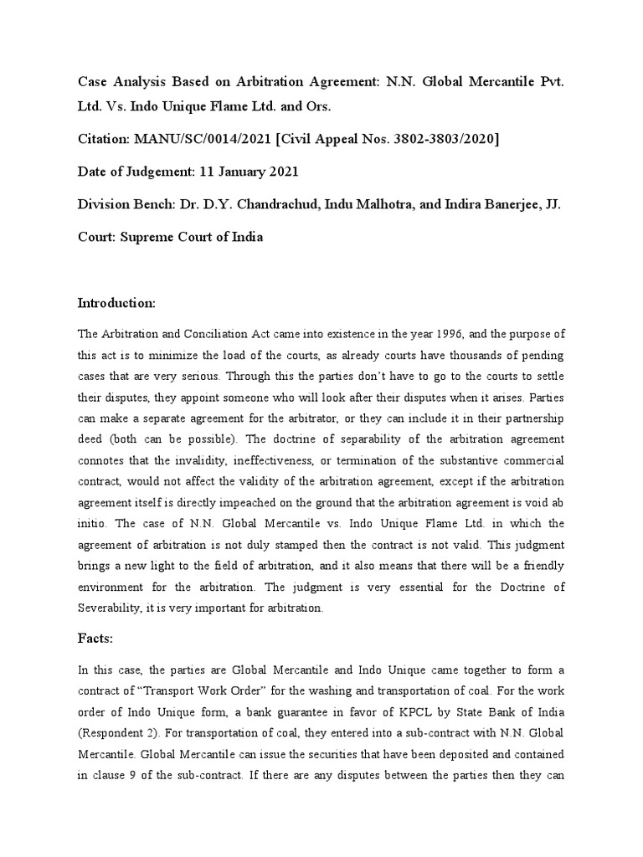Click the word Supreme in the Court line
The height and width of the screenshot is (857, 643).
pyautogui.click(x=155, y=237)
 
